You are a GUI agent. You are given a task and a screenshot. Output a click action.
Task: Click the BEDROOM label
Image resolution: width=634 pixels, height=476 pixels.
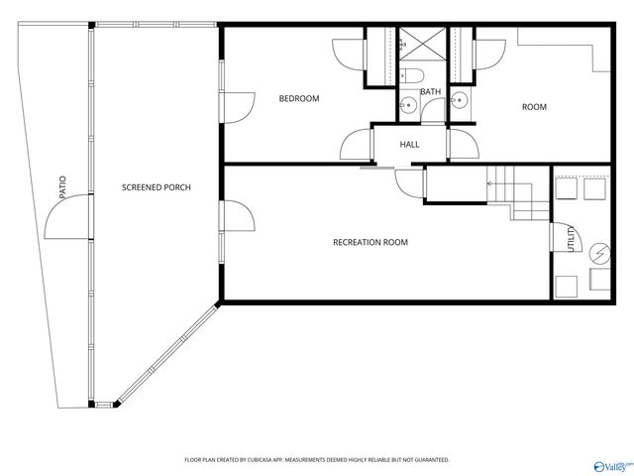click(x=298, y=98)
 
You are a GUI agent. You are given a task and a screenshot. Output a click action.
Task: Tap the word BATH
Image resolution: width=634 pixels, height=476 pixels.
click(x=430, y=92)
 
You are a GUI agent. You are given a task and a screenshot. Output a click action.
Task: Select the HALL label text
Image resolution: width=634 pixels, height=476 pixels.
click(x=409, y=145)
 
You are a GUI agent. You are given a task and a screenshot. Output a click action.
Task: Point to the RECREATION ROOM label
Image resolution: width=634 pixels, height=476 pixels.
click(x=370, y=242)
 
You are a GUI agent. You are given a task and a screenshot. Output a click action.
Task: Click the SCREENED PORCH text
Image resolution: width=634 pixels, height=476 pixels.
click(x=156, y=187)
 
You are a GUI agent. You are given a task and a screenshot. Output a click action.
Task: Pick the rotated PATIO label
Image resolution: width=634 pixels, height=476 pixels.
click(x=62, y=188)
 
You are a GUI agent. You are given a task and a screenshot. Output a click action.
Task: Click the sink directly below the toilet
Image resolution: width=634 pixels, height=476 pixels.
click(x=409, y=105)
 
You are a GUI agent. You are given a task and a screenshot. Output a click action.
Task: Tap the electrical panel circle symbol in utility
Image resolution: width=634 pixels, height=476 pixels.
click(x=598, y=253)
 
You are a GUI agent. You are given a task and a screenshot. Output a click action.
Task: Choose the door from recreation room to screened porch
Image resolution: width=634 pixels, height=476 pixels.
click(x=235, y=218)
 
